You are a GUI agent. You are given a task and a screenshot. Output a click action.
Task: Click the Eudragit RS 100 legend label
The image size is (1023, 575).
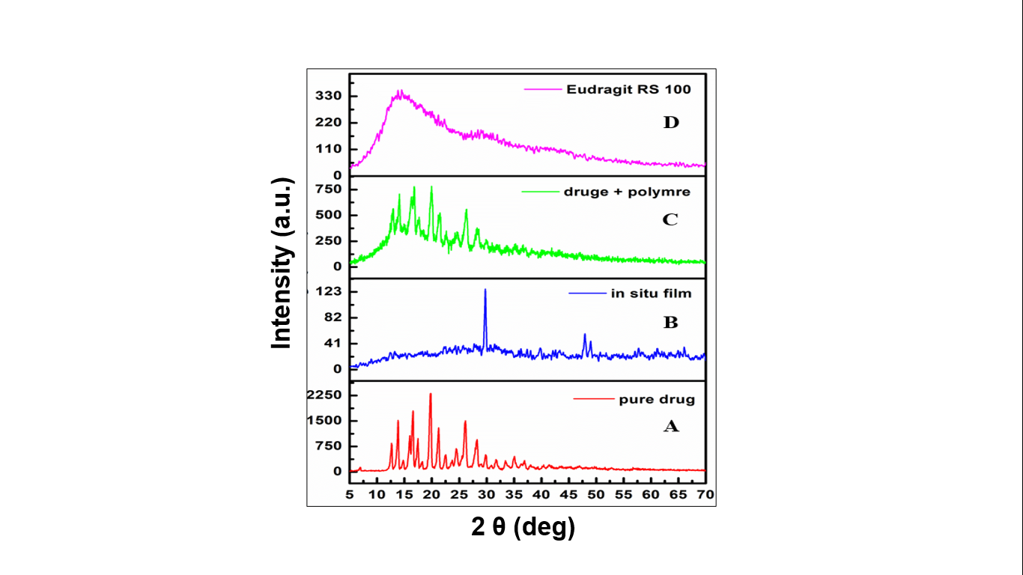click(x=628, y=89)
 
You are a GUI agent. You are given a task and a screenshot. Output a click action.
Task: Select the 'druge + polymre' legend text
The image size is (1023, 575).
click(x=626, y=192)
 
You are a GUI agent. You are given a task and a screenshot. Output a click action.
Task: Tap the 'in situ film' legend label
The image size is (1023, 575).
click(x=651, y=293)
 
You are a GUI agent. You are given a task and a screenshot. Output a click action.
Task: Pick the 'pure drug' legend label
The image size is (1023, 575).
click(x=657, y=399)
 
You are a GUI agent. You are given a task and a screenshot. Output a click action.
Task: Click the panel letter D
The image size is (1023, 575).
click(x=670, y=122)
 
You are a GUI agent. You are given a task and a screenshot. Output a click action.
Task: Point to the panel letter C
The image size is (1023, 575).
click(x=670, y=220)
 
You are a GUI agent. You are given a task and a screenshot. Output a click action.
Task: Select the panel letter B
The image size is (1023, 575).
click(x=670, y=323)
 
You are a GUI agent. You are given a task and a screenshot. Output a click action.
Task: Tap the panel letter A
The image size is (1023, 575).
click(x=671, y=426)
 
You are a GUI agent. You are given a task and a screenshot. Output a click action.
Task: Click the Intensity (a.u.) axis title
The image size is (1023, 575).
click(x=282, y=263)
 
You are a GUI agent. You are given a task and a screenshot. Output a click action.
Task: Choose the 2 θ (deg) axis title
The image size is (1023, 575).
click(x=523, y=528)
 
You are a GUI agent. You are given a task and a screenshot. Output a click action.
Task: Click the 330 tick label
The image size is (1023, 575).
click(x=329, y=97)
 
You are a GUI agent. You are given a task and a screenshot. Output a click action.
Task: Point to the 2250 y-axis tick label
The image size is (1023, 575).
click(x=324, y=395)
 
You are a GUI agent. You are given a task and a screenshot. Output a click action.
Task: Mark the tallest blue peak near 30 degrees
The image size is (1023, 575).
click(x=485, y=290)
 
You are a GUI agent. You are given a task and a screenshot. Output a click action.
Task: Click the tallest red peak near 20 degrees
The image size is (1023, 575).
click(x=430, y=395)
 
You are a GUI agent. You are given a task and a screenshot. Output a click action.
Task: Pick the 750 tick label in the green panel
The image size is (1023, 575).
click(x=329, y=189)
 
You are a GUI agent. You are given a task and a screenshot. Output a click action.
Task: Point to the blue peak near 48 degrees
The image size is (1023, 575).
click(x=585, y=335)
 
